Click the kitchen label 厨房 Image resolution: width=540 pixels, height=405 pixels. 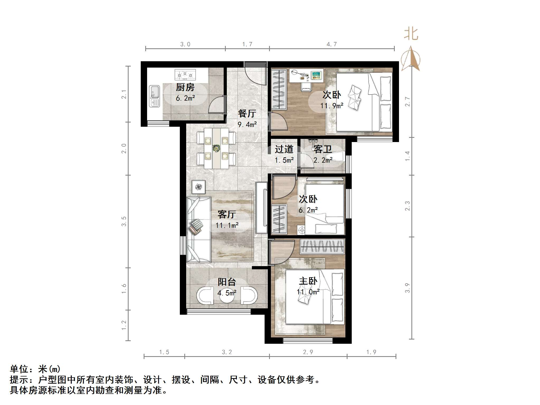pos(185,87)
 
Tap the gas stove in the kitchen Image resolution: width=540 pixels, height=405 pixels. pos(185,75)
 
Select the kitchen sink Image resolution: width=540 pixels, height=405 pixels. pos(154,96)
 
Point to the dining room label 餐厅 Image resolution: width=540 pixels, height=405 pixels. pos(247,114)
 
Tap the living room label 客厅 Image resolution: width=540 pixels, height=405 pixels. pos(227,214)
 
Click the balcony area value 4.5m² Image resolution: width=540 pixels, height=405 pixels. pos(227,293)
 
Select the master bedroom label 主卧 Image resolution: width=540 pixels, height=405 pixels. pos(308,281)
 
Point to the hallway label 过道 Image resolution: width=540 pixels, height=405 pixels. pos(284,149)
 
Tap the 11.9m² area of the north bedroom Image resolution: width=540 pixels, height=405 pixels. pos(332,106)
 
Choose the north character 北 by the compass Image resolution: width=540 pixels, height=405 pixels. pos(411,34)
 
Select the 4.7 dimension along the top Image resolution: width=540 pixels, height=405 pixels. pos(332,44)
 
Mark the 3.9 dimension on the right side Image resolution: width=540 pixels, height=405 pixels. pos(407,288)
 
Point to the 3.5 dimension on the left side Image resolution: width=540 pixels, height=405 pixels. pos(124,221)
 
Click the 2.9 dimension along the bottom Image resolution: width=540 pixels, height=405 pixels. pos(308,352)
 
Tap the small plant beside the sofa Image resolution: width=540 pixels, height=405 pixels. pos(198,187)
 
